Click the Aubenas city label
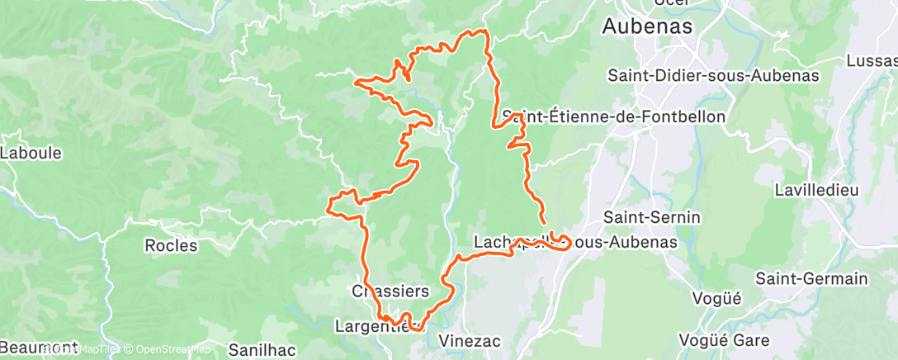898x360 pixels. [647, 26]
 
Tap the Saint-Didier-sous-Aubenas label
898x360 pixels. [712, 75]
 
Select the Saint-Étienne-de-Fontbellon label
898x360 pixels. [613, 117]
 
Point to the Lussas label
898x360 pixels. [872, 61]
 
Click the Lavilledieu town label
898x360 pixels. [816, 190]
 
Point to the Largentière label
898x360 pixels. [379, 326]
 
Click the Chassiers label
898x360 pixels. [390, 291]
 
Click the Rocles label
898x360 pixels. [171, 245]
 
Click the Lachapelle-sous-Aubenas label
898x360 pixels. [575, 243]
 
